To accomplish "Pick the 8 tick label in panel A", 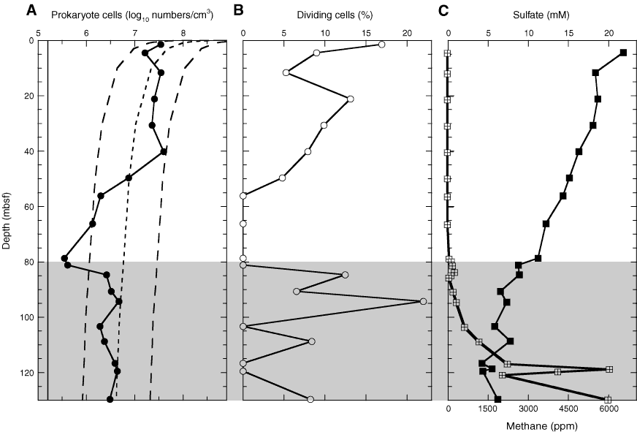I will coord(183,31).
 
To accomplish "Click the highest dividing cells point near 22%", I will coord(423,301).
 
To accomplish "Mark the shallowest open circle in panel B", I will coord(381,45).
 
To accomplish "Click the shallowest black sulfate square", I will coord(623,53).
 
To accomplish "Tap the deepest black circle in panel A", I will coord(110,399).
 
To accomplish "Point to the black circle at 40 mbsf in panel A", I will coord(164,151).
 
